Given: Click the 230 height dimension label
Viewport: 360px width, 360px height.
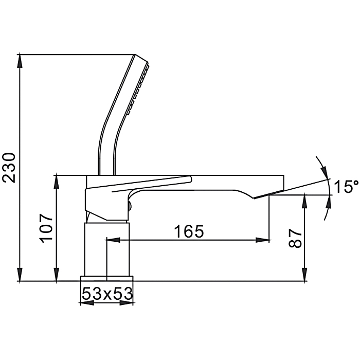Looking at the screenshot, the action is click(9, 167).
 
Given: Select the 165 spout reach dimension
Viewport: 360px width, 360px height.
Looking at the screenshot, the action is click(189, 231).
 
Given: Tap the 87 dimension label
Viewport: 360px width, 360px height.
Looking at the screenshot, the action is click(295, 238).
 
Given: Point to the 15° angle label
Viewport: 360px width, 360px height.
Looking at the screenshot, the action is click(346, 186).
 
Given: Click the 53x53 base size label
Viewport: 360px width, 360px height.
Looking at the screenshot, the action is click(107, 294).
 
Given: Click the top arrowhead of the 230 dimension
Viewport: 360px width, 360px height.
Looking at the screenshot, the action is click(20, 61).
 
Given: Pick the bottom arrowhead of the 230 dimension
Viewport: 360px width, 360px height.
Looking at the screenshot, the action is click(20, 274).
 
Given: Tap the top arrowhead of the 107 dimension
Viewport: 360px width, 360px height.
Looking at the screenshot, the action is click(57, 182).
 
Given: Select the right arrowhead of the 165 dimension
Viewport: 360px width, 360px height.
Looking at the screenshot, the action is click(263, 240).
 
